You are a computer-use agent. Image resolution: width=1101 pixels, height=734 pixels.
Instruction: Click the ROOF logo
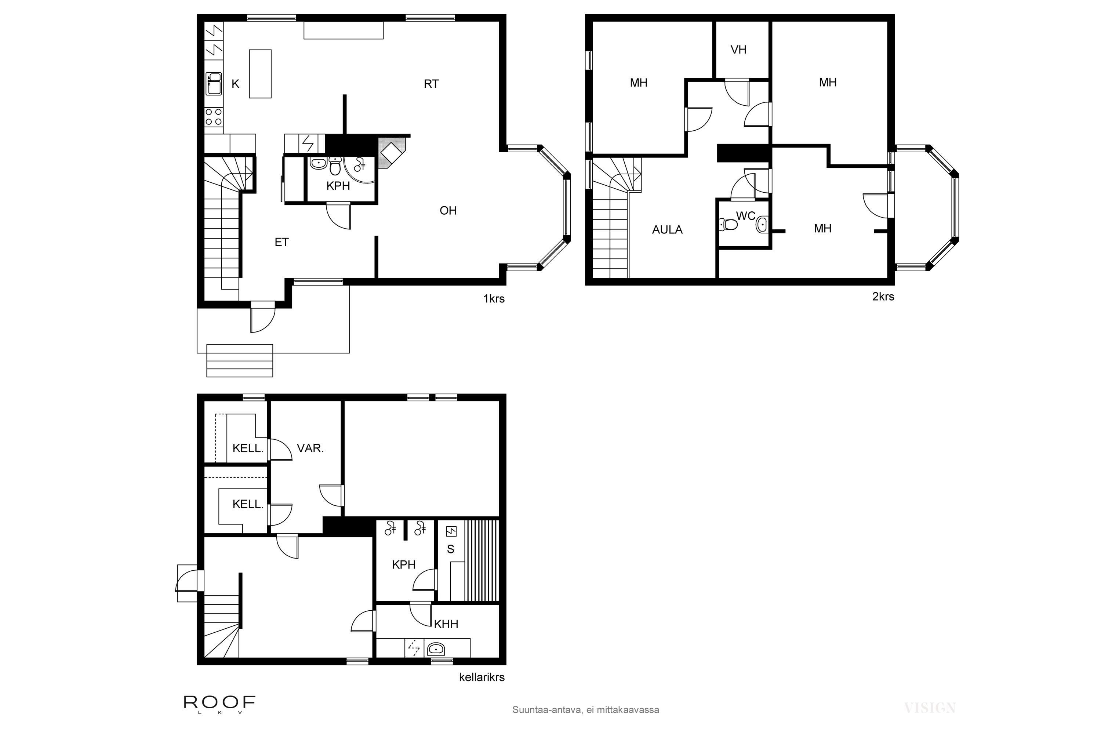219,704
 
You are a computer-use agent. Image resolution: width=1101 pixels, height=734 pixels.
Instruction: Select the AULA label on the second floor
667,230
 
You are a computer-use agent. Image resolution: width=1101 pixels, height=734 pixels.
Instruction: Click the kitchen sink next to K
214,84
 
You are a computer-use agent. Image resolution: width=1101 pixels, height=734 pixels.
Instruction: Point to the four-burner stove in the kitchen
214,117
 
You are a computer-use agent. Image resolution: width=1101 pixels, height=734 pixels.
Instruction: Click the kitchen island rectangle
260,74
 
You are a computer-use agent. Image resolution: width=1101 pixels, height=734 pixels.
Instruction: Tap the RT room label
431,84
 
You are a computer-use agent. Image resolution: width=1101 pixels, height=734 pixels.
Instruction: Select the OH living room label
448,211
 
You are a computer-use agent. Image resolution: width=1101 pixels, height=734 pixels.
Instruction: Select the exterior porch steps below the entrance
240,360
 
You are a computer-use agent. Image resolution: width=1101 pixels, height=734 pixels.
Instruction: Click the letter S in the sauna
450,549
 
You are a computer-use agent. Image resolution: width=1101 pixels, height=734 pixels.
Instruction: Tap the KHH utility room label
446,624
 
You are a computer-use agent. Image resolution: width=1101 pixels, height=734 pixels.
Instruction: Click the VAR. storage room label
310,448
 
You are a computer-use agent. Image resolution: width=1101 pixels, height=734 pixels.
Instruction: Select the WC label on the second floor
745,216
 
